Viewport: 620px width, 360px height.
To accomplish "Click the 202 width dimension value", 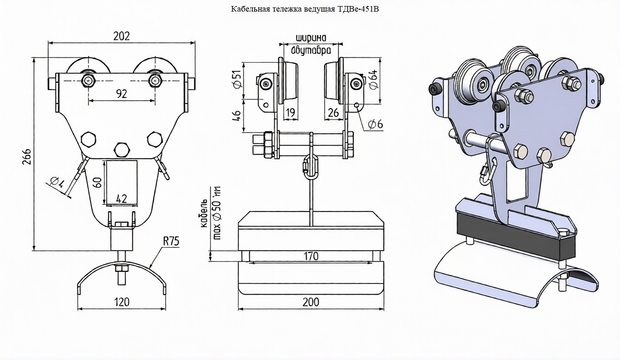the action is (122, 36).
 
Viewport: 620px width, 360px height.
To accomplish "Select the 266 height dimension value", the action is (27, 157).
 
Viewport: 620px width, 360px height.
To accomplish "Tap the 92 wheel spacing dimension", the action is (122, 94).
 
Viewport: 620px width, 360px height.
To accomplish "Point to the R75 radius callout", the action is (171, 241).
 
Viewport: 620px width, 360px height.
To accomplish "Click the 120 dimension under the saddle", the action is (122, 302).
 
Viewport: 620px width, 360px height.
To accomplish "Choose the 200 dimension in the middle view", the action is (311, 302).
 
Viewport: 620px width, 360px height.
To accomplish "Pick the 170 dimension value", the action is (311, 256).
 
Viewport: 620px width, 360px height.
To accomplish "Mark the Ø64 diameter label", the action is (374, 79).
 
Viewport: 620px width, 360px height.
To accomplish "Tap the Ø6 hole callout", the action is (375, 124).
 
